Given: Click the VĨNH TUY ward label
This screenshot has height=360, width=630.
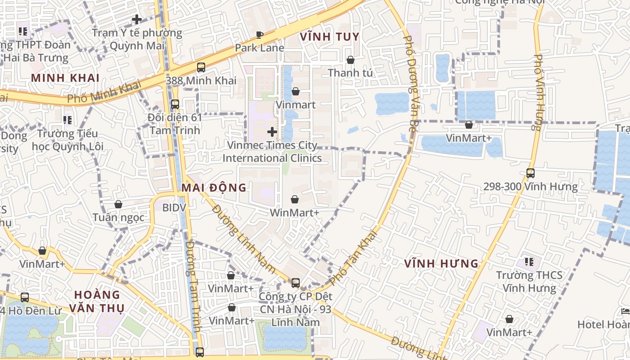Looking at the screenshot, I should (329, 37).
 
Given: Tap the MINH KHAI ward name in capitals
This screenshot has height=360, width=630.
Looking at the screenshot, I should (65, 78).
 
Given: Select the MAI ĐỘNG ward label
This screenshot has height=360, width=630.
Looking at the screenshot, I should (214, 188).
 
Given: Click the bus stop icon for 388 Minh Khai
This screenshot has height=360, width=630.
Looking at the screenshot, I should (201, 67).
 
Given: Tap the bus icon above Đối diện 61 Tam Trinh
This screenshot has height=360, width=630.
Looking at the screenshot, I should (175, 104).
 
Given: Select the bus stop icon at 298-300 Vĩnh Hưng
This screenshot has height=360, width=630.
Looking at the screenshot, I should (530, 173).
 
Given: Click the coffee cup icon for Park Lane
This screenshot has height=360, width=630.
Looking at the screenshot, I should (260, 35).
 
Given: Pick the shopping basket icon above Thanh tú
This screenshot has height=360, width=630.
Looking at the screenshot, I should (350, 60).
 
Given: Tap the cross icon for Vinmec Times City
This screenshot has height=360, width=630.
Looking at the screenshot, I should (272, 132).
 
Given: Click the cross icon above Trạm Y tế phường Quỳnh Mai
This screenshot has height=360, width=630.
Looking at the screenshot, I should (137, 19).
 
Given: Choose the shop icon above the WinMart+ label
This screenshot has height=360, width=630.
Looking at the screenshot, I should (294, 199).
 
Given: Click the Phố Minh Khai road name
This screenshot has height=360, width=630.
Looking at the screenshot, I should (104, 92).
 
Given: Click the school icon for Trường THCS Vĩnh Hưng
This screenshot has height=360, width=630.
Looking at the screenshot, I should (529, 261).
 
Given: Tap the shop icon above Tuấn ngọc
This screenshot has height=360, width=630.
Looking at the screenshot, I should (118, 205).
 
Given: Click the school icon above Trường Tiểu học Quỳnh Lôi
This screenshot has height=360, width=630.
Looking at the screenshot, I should (67, 120).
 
